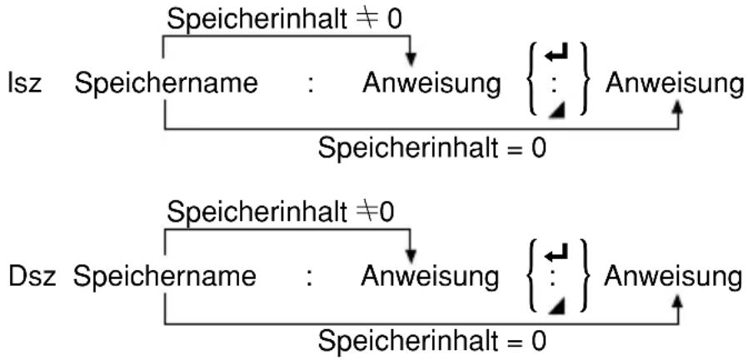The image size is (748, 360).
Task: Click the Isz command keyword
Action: click(x=24, y=84)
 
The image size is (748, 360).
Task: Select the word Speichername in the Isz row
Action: click(x=166, y=84)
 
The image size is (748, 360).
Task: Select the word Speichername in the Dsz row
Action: click(x=165, y=277)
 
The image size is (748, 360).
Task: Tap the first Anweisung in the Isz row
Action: click(x=431, y=84)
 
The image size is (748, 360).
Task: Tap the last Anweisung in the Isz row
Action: click(x=675, y=84)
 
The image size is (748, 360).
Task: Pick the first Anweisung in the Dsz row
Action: click(x=430, y=277)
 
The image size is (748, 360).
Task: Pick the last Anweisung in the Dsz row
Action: click(x=673, y=277)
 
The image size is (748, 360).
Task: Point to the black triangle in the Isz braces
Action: click(x=557, y=112)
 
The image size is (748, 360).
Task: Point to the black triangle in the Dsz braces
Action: click(x=556, y=306)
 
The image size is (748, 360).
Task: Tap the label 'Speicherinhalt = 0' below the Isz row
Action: click(x=431, y=149)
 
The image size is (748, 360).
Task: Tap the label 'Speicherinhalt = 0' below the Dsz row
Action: click(x=431, y=342)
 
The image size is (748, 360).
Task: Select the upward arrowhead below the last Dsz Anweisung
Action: click(x=677, y=301)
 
